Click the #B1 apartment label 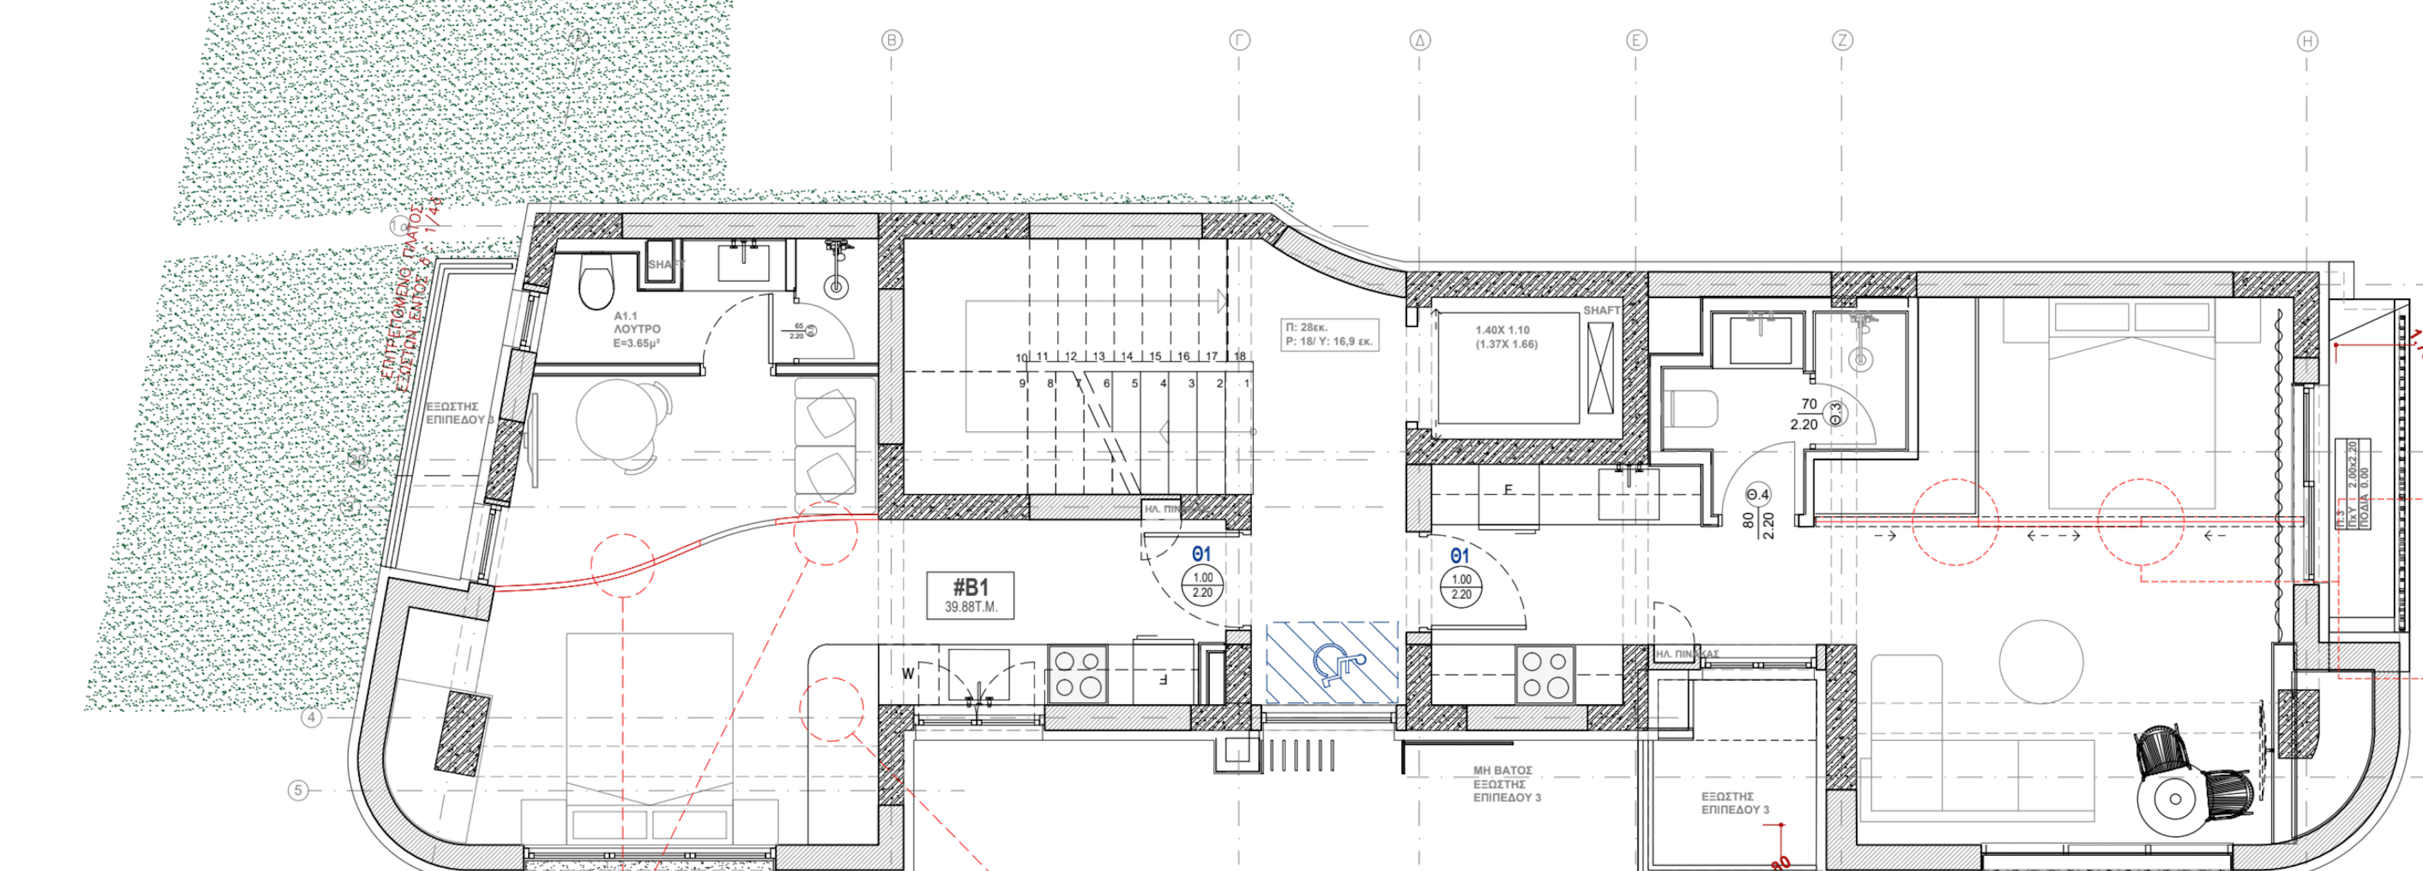(970, 595)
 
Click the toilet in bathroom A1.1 (595, 284)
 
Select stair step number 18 (1240, 357)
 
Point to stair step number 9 (1023, 384)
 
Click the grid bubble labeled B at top (891, 41)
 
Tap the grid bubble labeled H (2306, 41)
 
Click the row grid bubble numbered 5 (298, 790)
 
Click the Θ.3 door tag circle (1835, 413)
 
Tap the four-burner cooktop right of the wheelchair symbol (1545, 674)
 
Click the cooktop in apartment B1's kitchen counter (1077, 674)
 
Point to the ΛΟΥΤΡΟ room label (637, 330)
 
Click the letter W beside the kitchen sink (907, 674)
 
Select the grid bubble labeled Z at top (1842, 41)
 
